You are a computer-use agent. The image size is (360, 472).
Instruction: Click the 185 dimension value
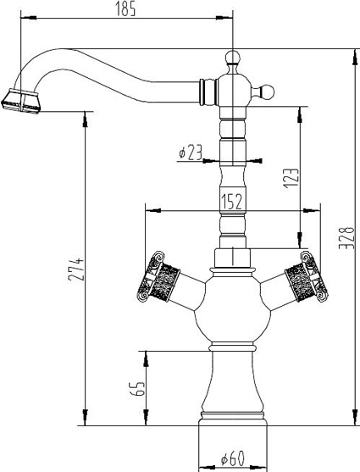click(x=125, y=9)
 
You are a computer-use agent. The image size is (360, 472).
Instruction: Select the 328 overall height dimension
click(x=346, y=238)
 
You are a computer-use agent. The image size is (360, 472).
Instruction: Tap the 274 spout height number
click(x=75, y=269)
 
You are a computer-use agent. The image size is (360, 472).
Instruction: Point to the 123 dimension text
click(x=291, y=178)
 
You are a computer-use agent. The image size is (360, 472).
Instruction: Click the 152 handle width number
click(x=231, y=202)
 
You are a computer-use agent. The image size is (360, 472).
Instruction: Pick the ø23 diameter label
click(x=191, y=152)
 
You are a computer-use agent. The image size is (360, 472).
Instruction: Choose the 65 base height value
click(x=137, y=389)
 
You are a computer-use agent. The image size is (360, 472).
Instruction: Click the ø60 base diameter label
click(x=232, y=458)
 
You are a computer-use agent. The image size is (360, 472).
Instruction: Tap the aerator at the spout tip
click(x=21, y=102)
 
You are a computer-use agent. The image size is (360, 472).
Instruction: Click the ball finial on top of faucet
click(x=233, y=57)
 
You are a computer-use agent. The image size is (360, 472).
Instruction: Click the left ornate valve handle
click(x=158, y=277)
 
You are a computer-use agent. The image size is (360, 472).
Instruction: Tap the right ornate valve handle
click(x=307, y=277)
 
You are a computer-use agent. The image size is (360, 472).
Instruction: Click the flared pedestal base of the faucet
click(x=233, y=386)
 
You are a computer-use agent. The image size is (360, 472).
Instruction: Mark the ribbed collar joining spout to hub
click(x=208, y=92)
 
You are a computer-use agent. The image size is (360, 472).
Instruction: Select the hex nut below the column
click(x=232, y=258)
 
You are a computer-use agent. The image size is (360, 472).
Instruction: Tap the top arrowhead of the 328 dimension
click(x=356, y=57)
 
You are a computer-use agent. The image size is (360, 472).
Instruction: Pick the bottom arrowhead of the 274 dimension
click(x=86, y=418)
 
